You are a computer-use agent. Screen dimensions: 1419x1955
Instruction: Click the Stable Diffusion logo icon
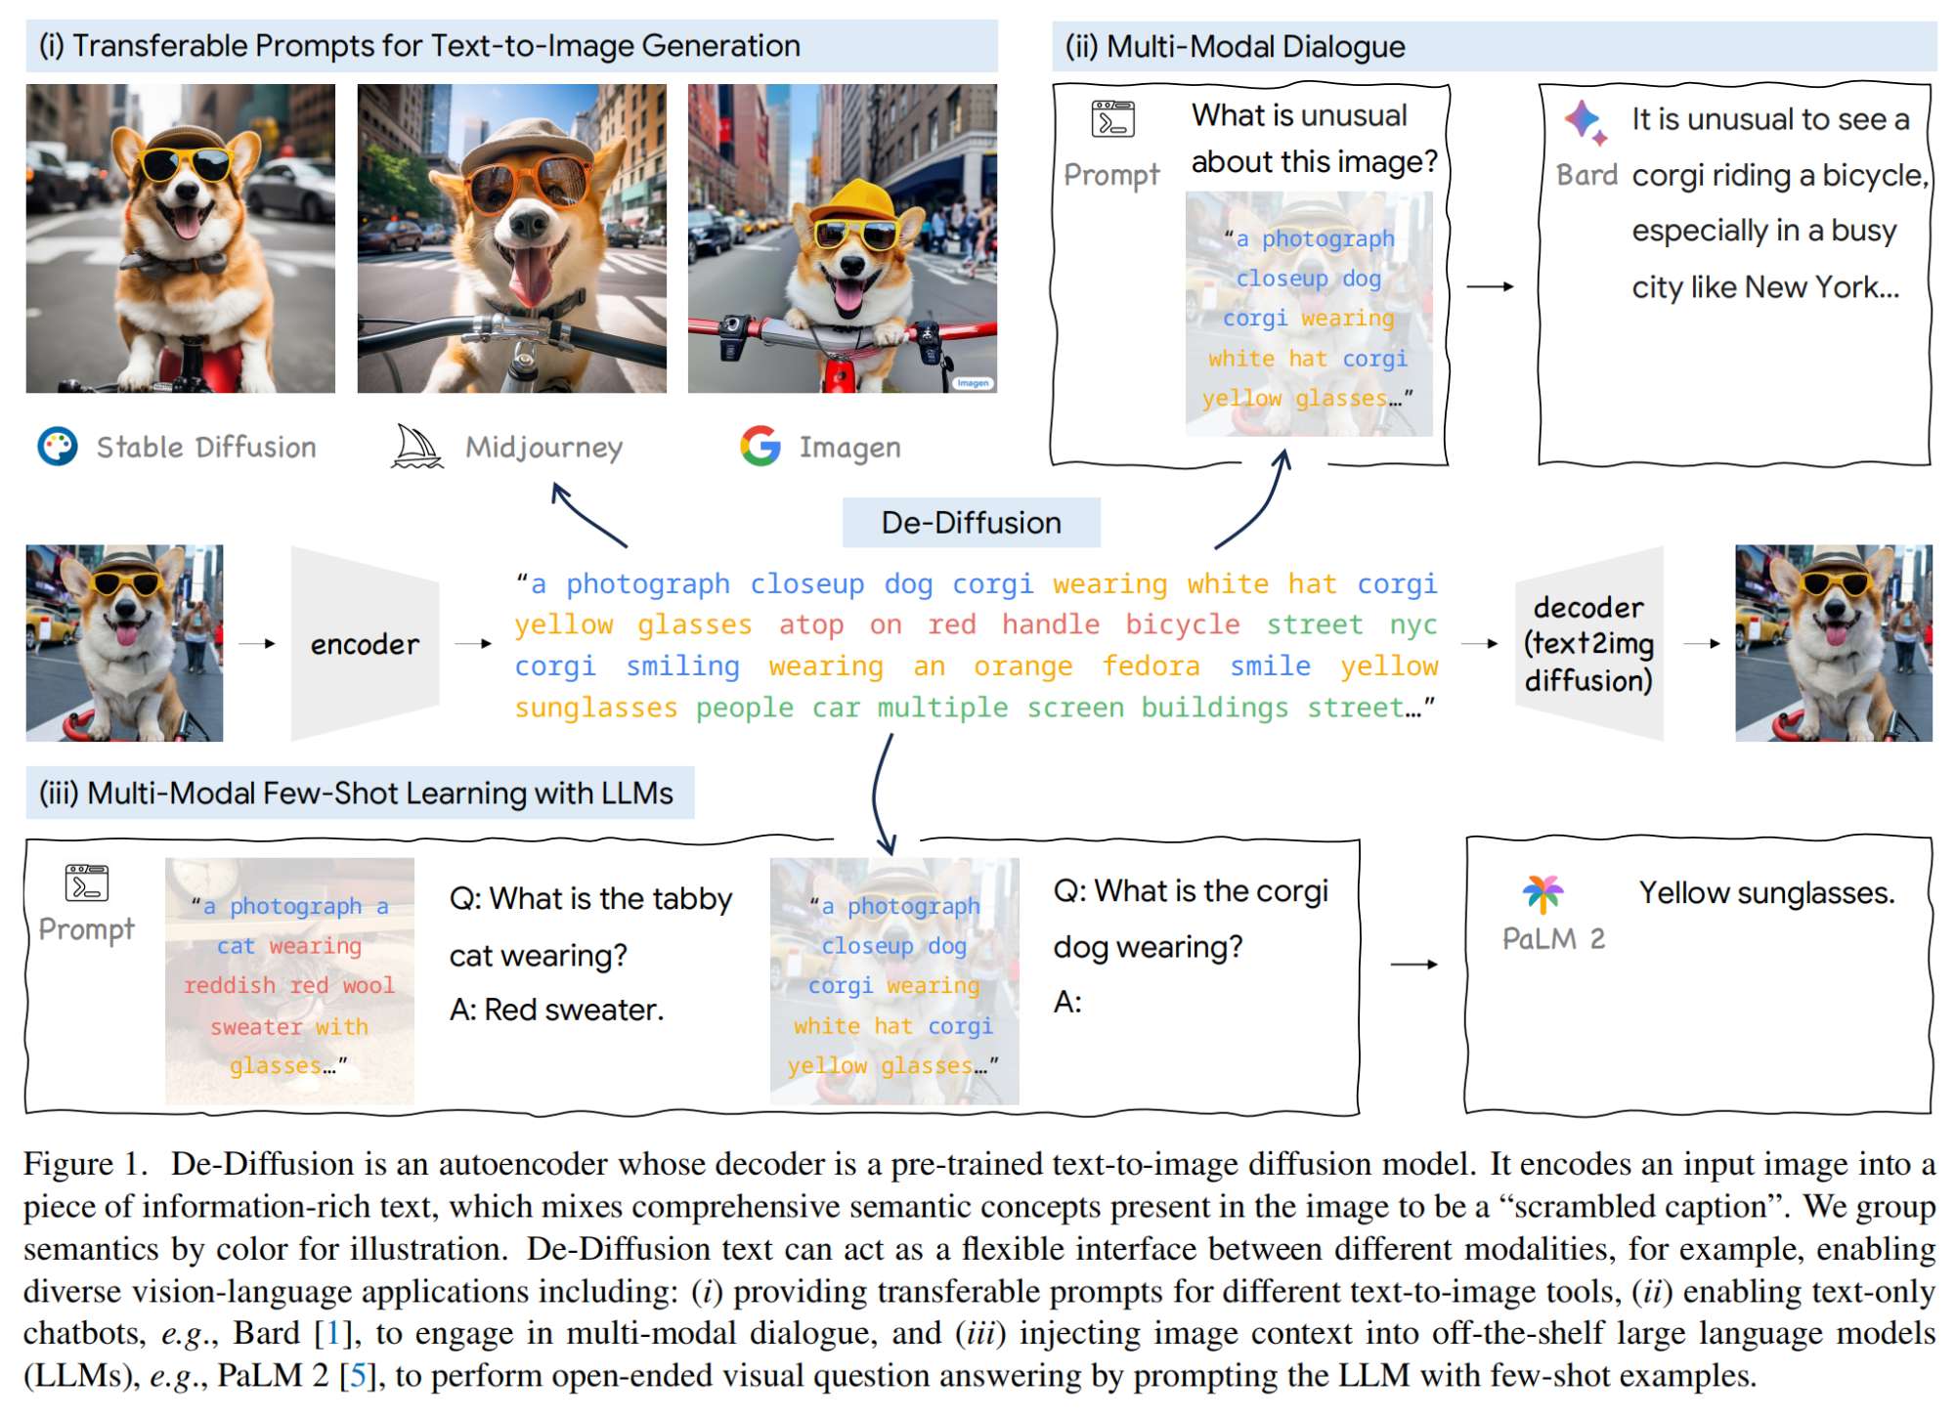(58, 447)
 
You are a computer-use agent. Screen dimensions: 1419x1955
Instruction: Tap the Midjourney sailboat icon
(417, 447)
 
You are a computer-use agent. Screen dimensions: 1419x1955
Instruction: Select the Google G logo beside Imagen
(760, 447)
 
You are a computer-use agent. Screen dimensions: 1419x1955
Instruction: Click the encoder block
(365, 644)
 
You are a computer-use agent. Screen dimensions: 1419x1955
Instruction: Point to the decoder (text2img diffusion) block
(1588, 644)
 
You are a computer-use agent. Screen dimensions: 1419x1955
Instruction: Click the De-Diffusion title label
(971, 523)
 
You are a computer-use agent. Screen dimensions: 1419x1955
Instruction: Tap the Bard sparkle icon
(1585, 122)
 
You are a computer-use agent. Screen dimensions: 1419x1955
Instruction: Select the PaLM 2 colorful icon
(1542, 892)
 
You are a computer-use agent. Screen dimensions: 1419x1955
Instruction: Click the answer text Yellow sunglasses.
(1766, 892)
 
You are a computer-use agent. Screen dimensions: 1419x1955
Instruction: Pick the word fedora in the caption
(1151, 666)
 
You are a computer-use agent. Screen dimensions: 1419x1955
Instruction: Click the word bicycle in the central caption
(1182, 624)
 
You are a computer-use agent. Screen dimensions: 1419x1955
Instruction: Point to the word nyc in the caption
(1413, 624)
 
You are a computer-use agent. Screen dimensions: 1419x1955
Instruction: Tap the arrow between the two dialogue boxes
(1491, 286)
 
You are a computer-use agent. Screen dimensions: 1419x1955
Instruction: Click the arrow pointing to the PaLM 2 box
(1413, 965)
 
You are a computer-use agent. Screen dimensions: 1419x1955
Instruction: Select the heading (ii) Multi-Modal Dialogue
(1235, 46)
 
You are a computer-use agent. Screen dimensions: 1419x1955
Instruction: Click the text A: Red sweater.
(556, 1010)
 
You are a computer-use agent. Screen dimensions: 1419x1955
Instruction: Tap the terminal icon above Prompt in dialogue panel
(1112, 119)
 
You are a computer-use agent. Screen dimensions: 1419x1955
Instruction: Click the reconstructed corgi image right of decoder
(1833, 643)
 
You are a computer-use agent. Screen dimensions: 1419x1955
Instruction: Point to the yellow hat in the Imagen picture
(856, 202)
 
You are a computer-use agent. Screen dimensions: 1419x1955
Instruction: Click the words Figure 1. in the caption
(85, 1164)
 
